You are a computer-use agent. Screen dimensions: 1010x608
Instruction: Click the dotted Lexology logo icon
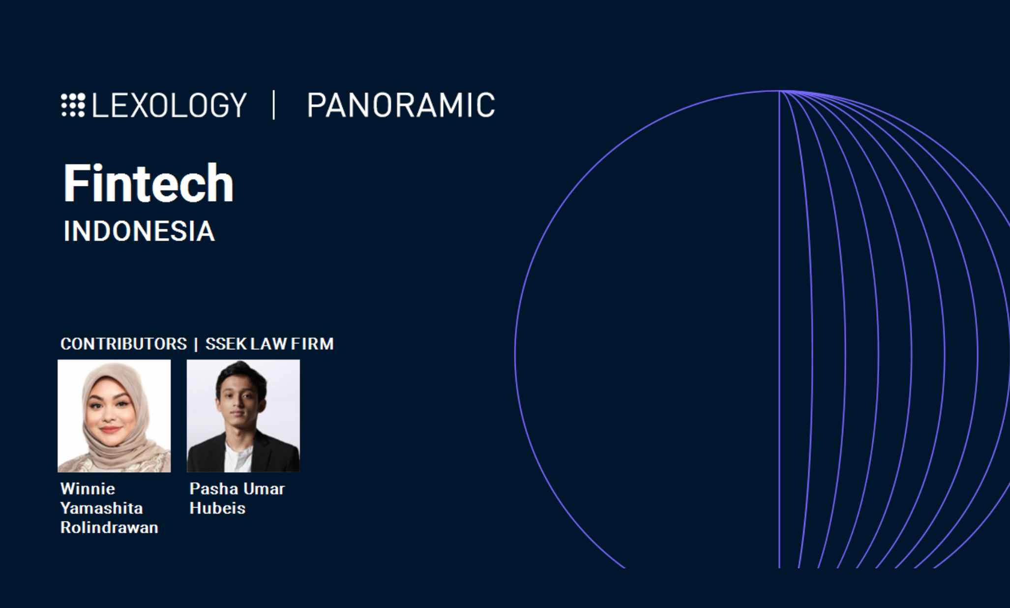[73, 105]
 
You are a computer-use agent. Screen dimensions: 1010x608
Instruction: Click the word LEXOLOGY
[169, 105]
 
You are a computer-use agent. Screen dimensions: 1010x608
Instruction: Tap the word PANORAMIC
[401, 105]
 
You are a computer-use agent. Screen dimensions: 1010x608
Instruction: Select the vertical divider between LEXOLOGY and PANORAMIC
[274, 105]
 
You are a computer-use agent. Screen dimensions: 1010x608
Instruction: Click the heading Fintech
[149, 183]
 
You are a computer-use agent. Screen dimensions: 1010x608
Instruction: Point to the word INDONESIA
[139, 231]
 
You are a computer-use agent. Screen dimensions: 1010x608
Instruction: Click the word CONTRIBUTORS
[123, 344]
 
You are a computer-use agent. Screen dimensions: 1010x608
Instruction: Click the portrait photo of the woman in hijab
[114, 416]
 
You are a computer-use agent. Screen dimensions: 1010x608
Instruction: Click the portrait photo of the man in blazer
[243, 416]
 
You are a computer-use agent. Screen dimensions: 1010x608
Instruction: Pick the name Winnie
[88, 489]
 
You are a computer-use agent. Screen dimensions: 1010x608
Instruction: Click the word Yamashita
[101, 508]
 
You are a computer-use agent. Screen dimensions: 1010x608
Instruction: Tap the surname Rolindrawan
[109, 527]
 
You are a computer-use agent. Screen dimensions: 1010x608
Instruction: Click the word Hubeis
[217, 508]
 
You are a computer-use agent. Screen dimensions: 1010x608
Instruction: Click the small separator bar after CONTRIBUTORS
[196, 344]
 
